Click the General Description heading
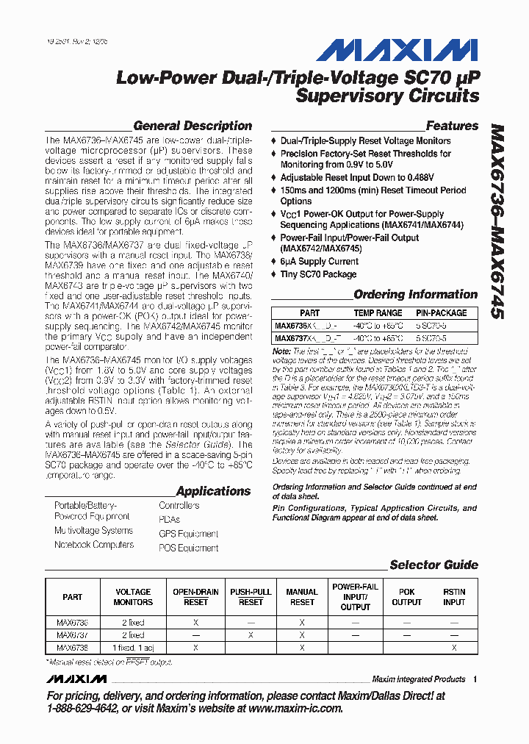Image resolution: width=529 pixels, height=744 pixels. (192, 126)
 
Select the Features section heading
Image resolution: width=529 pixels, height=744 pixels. (452, 126)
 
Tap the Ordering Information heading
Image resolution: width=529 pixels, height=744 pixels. (416, 294)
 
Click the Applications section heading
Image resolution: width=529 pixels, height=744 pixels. (213, 491)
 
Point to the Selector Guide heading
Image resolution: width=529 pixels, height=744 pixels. (433, 565)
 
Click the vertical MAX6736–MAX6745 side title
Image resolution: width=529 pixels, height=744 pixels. (497, 220)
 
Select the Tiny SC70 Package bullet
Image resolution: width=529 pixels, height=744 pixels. (318, 274)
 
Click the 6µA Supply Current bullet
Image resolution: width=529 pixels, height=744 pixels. (319, 261)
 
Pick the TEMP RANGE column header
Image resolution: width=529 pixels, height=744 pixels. (378, 312)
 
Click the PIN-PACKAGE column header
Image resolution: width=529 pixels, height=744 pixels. (442, 312)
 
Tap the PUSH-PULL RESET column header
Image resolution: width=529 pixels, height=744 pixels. (251, 597)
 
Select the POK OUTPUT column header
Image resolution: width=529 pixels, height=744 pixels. (406, 597)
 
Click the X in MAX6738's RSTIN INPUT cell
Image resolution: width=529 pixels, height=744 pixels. (454, 648)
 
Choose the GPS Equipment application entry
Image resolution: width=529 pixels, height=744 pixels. (188, 534)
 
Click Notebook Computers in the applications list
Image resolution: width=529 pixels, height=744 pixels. (94, 545)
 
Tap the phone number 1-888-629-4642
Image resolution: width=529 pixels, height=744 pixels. (81, 708)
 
